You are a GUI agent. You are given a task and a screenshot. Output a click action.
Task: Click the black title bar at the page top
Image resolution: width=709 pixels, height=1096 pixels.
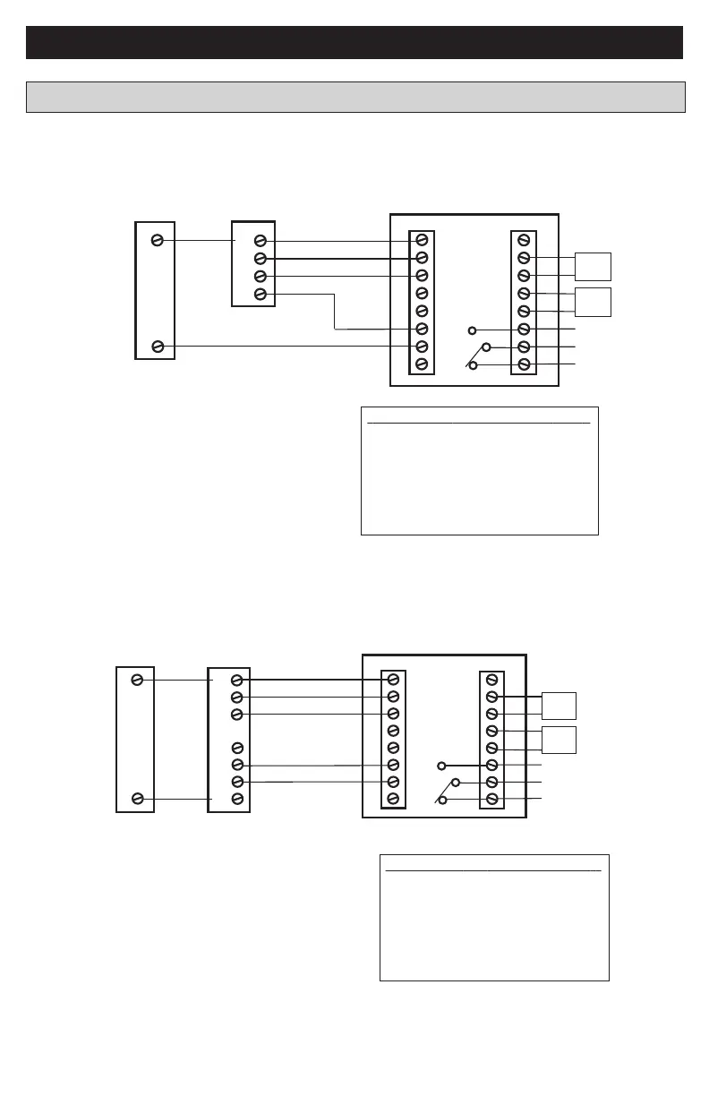[x=354, y=42]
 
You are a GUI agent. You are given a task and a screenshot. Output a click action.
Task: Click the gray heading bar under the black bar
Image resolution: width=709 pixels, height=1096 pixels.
[x=355, y=97]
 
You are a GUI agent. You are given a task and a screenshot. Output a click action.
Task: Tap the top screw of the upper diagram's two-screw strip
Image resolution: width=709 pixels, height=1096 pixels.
[x=158, y=240]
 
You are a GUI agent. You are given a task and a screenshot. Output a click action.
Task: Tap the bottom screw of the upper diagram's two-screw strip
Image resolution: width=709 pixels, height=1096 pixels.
[x=158, y=347]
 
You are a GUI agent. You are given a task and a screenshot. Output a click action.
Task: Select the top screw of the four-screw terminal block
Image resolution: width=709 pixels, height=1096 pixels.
[x=260, y=241]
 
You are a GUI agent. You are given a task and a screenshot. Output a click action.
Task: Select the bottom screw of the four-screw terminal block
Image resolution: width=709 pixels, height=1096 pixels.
[x=260, y=294]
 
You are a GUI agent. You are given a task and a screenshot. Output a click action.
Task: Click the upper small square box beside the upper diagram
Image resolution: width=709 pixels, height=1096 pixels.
[x=593, y=267]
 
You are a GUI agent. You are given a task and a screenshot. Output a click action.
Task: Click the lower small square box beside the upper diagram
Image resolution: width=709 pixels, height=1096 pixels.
[x=593, y=302]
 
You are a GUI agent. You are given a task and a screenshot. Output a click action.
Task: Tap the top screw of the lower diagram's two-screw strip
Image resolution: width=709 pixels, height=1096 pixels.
[x=137, y=681]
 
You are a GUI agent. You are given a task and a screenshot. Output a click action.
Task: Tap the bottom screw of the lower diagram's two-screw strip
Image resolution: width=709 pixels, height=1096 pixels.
[x=137, y=799]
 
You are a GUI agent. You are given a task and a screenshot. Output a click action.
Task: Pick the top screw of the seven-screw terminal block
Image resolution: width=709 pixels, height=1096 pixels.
[x=237, y=681]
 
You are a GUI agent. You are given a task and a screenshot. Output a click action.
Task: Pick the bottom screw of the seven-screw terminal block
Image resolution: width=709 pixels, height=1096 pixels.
[x=237, y=799]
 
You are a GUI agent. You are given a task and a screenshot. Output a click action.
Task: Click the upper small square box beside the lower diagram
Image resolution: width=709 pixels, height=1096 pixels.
[x=559, y=706]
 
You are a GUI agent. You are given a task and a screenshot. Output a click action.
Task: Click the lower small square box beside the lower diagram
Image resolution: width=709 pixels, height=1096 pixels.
[x=559, y=740]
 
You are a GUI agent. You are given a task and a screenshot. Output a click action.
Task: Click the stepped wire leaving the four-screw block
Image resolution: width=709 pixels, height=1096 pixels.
[x=335, y=311]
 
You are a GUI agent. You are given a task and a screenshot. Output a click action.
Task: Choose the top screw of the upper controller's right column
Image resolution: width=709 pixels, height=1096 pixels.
[x=524, y=240]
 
